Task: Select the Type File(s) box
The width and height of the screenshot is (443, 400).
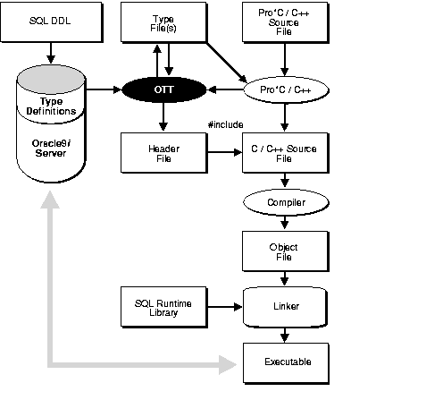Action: [163, 21]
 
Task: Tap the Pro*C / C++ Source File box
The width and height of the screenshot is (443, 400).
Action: [284, 21]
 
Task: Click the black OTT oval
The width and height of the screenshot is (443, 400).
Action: [163, 89]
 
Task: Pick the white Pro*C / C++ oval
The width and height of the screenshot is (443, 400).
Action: [284, 89]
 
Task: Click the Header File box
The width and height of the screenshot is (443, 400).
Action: [163, 153]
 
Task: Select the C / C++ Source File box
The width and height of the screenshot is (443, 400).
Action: [284, 153]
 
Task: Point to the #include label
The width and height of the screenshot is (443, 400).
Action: [224, 125]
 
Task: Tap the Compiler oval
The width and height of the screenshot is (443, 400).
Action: [284, 203]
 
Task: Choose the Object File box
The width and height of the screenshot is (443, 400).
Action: [284, 251]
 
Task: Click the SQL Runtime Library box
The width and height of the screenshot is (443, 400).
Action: [163, 306]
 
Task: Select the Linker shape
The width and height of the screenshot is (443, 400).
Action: [284, 306]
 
